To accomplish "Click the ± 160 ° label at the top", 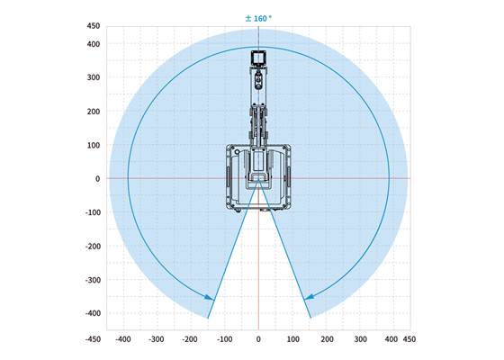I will pos(258,17).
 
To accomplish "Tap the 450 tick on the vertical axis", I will pos(94,27).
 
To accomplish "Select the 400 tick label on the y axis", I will pos(94,44).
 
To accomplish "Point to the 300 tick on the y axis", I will pos(94,77).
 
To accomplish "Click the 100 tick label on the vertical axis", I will pos(94,145).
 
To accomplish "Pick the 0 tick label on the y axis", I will pos(97,178).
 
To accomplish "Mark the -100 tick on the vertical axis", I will pos(93,212).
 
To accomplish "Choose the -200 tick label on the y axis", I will pos(93,246).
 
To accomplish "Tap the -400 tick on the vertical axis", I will pos(93,313).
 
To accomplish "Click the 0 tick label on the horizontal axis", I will pos(258,340).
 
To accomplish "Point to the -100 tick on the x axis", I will pos(224,340).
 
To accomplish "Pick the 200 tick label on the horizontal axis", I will pos(326,340).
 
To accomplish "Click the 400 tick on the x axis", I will pos(393,340).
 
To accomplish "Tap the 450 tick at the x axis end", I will pos(410,340).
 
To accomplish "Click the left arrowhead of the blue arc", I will pos(211,296).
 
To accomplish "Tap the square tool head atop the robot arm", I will pos(258,58).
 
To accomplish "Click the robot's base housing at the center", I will pos(258,175).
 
